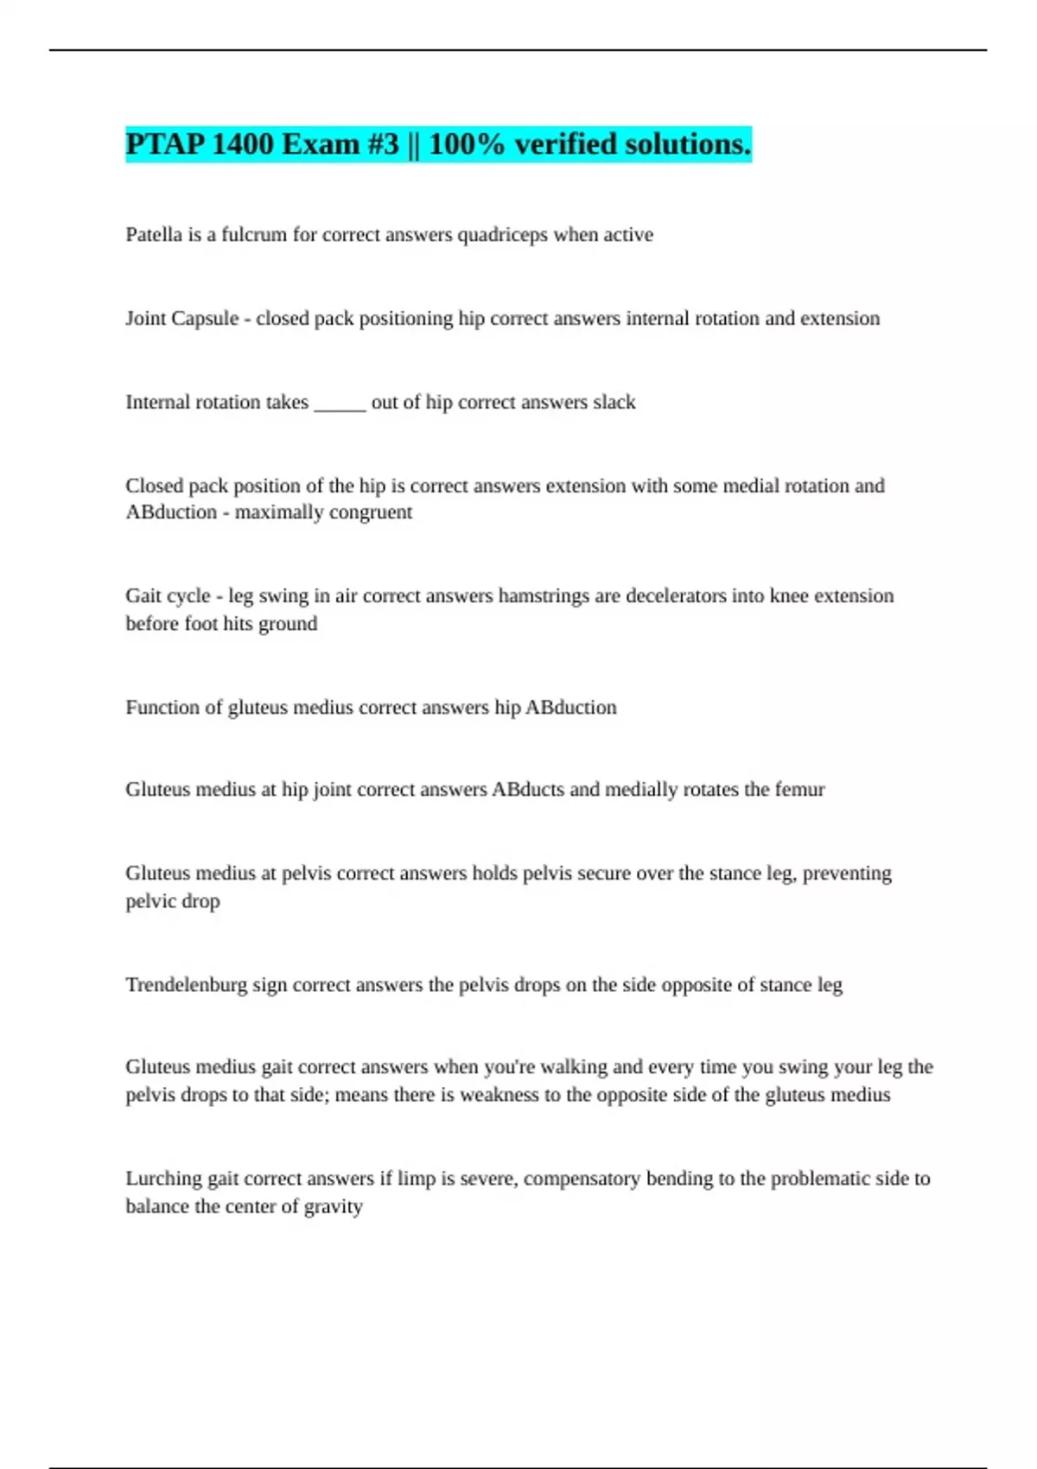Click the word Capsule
(206, 319)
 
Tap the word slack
(614, 403)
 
